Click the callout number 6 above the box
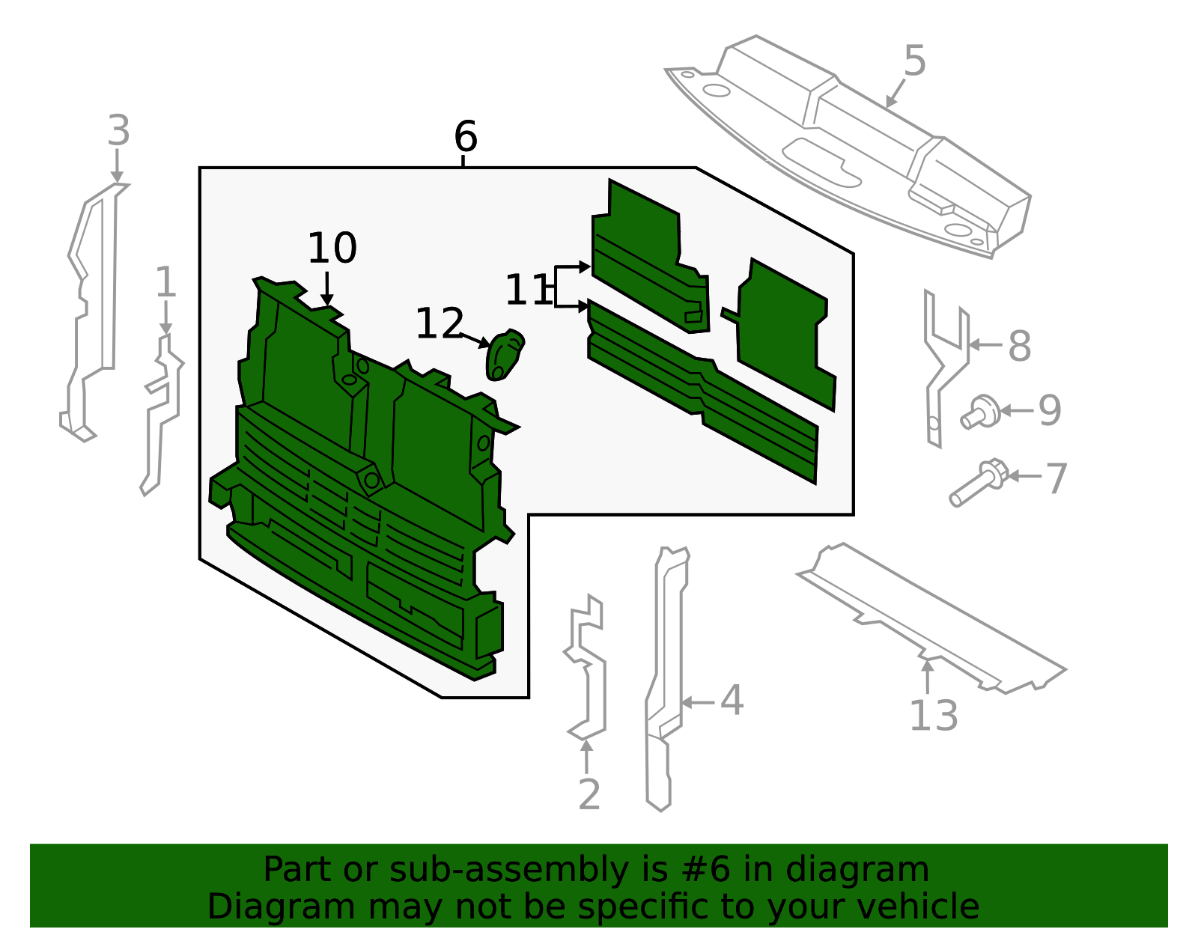point(465,137)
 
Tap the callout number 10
point(332,249)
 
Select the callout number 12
point(440,324)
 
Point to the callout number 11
point(527,290)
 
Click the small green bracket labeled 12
point(504,355)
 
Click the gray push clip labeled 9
point(981,412)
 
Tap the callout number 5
point(914,61)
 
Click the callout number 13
point(933,716)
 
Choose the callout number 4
point(732,701)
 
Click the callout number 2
point(589,795)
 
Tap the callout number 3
point(118,132)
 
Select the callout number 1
point(165,284)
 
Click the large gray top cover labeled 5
point(861,150)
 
